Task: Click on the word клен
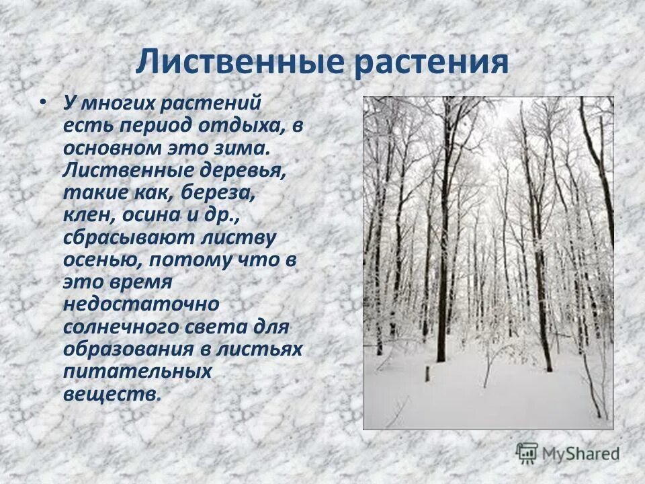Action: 87,216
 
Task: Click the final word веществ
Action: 111,394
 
